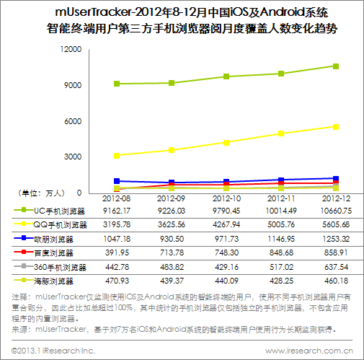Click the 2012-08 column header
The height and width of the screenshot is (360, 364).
(116, 198)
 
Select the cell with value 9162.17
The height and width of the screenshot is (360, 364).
(116, 211)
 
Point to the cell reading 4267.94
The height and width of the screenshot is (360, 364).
(226, 225)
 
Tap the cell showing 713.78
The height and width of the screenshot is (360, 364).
(171, 253)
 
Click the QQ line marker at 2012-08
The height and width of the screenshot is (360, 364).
(116, 155)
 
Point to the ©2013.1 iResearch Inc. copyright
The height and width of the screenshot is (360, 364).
(53, 351)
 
